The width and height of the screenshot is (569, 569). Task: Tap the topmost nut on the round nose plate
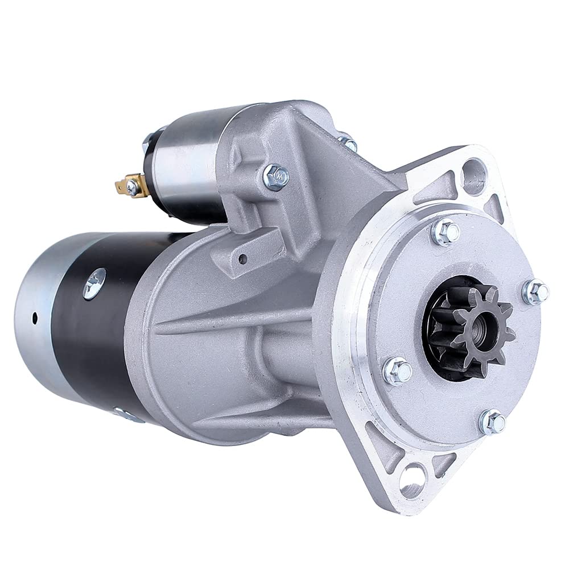445,232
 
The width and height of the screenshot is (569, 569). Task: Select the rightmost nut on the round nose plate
535,292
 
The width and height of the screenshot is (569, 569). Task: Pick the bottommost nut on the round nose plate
493,422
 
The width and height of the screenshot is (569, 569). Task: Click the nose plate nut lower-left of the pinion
397,372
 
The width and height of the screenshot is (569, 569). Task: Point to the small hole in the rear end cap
34,316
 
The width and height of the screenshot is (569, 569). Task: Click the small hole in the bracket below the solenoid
243,259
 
